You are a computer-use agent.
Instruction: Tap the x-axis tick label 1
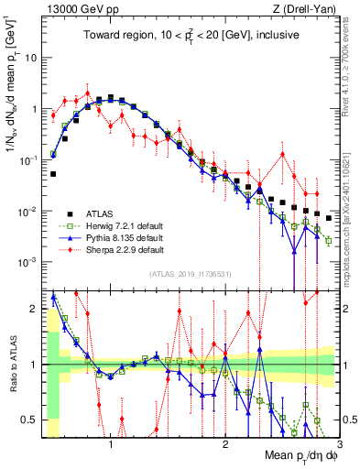[111, 443]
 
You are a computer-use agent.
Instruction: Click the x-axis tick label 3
[339, 443]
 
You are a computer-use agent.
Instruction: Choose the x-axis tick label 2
[225, 443]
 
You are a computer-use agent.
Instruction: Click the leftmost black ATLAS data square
[53, 173]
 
